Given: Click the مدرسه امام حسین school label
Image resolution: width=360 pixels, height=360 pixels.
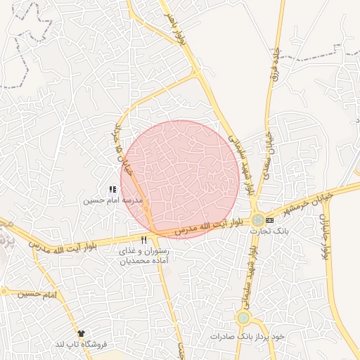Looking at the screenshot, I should click(x=113, y=200).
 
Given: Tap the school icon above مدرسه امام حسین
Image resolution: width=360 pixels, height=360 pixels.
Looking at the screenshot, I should click(x=112, y=189).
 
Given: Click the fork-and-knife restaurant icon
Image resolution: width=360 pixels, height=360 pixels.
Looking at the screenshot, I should click(x=144, y=240).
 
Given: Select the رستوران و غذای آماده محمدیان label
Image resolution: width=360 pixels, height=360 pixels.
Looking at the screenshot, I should click(x=144, y=256).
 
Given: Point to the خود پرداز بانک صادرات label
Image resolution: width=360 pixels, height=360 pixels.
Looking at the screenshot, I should click(x=247, y=337).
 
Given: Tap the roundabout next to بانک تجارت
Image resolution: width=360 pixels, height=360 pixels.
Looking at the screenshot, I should click(x=259, y=220).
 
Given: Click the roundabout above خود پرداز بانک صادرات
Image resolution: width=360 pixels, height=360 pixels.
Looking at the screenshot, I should click(x=243, y=318).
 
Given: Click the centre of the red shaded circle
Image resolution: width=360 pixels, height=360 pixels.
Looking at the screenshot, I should click(x=181, y=180).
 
